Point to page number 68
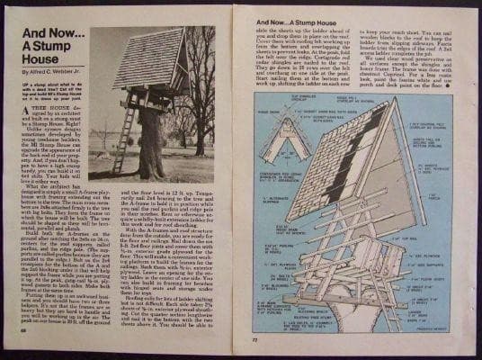(x=22, y=340)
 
